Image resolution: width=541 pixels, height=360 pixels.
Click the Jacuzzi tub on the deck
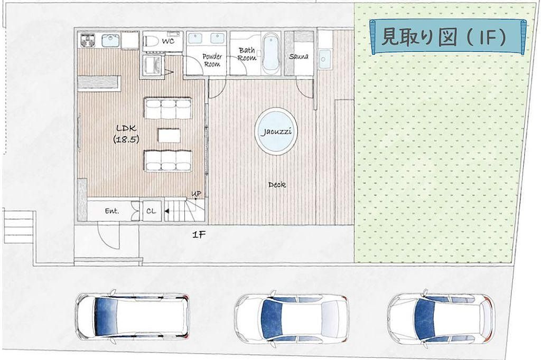pos(276,131)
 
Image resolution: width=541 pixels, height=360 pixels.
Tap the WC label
pos(169,41)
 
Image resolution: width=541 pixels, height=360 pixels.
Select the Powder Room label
pos(212,60)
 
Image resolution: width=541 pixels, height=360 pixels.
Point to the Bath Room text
pos(247,54)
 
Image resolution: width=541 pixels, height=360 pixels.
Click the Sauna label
pos(299,56)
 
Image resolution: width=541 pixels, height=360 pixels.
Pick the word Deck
pos(277,185)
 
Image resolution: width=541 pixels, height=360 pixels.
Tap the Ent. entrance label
pos(112,211)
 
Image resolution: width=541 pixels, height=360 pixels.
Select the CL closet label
pos(151,211)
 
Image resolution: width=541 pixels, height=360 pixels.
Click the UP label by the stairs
pos(197,194)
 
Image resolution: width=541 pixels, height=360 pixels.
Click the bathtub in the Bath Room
pos(270,53)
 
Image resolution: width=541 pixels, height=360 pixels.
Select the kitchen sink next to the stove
pos(110,41)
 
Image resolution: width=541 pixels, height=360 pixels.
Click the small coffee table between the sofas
pos(169,135)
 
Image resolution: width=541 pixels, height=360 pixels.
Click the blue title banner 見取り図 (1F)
pos(448,37)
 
